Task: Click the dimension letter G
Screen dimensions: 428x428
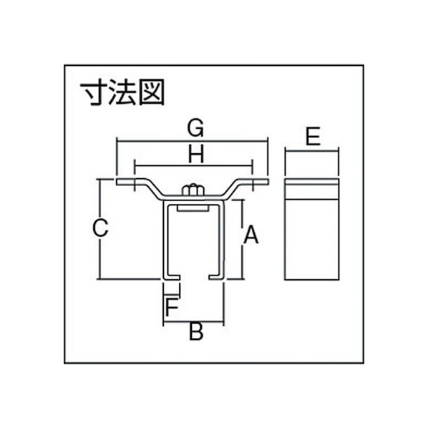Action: pos(195,127)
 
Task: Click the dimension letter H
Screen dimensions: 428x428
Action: pos(196,154)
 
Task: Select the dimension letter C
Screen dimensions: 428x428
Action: pos(100,228)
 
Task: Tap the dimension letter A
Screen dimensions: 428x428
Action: pos(251,235)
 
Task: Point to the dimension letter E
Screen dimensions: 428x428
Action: pos(313,136)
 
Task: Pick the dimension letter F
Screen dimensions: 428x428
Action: pos(172,307)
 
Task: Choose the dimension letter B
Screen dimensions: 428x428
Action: pos(196,331)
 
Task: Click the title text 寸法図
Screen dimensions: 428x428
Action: pos(122,92)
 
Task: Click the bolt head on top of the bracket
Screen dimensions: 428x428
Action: pos(193,190)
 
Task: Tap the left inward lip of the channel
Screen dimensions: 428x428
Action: pos(172,277)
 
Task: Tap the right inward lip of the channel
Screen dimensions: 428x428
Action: pos(217,277)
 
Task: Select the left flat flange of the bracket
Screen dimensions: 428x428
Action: pos(130,182)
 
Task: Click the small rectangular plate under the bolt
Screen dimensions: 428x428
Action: pos(193,208)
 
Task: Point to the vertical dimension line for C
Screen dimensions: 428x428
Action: pos(100,229)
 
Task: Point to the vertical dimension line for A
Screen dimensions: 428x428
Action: pos(242,240)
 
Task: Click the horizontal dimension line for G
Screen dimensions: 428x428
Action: pos(193,141)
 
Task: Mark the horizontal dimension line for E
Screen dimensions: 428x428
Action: pos(312,150)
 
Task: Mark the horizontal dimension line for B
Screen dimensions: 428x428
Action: pos(193,321)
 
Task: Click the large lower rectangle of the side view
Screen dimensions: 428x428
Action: pos(312,239)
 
